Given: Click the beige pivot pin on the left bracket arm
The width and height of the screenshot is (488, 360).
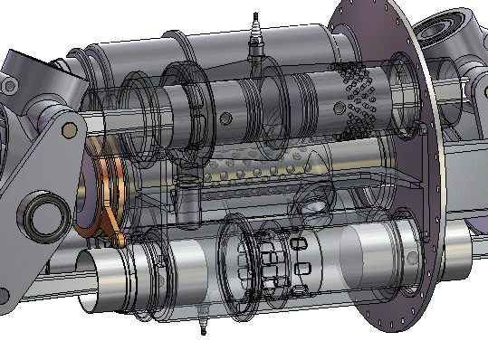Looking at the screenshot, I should [x=67, y=130].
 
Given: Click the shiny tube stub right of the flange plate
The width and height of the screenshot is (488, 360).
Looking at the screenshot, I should [x=457, y=257].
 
